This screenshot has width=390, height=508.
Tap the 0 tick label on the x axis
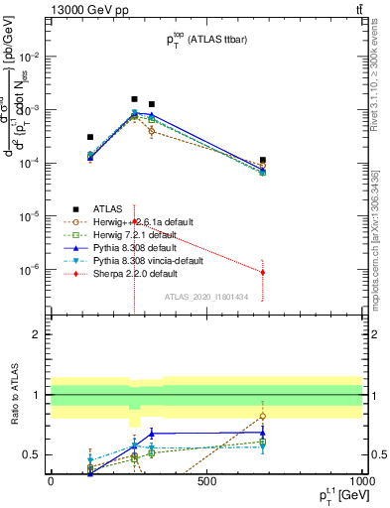pos(51,483)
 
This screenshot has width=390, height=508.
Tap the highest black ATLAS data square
pos(134,99)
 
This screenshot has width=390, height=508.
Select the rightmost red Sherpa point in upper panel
pos(262,272)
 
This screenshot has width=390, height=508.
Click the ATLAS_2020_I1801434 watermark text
pos(205,297)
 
